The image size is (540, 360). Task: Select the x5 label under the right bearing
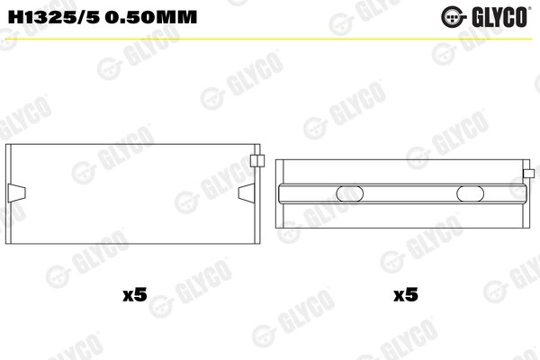coord(407,293)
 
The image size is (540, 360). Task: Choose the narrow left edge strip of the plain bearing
coord(10,193)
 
